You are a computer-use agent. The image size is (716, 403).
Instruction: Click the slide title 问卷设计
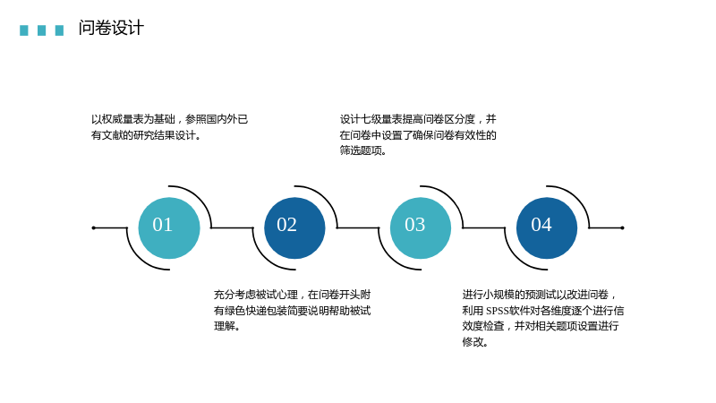(x=111, y=28)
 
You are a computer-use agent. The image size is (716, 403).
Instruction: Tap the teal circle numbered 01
(x=169, y=228)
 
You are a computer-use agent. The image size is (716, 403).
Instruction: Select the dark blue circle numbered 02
(x=294, y=228)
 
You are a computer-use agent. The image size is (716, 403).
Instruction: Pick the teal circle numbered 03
(x=421, y=228)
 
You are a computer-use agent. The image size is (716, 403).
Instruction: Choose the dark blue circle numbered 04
(x=547, y=228)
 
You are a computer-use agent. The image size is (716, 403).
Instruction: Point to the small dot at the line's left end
(x=94, y=228)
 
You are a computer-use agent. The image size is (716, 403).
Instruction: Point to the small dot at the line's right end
(x=622, y=228)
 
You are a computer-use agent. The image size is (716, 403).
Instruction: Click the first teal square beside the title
(x=24, y=30)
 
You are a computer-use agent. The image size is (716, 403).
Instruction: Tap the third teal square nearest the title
(x=59, y=30)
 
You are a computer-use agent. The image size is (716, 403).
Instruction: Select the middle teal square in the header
(x=41, y=30)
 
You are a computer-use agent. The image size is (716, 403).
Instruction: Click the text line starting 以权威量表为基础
(x=169, y=119)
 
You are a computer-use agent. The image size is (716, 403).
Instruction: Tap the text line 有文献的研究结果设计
(x=146, y=135)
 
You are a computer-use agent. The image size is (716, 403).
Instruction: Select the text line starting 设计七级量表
(x=418, y=119)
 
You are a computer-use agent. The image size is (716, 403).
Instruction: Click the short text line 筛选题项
(x=363, y=150)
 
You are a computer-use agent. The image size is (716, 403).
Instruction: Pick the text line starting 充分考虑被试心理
(x=293, y=295)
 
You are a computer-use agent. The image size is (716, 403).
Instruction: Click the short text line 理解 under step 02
(x=227, y=326)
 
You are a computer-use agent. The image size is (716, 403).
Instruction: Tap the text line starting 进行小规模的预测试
(x=540, y=295)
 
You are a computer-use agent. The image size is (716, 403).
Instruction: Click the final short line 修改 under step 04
(x=475, y=342)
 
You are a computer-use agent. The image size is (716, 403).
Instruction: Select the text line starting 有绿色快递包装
(x=293, y=311)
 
